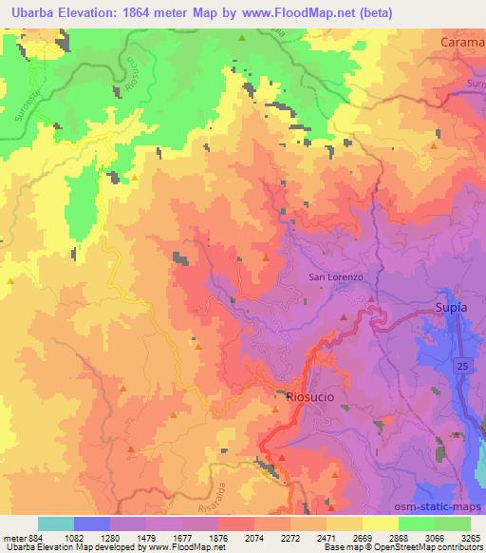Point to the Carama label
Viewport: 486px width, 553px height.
coord(462,43)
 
